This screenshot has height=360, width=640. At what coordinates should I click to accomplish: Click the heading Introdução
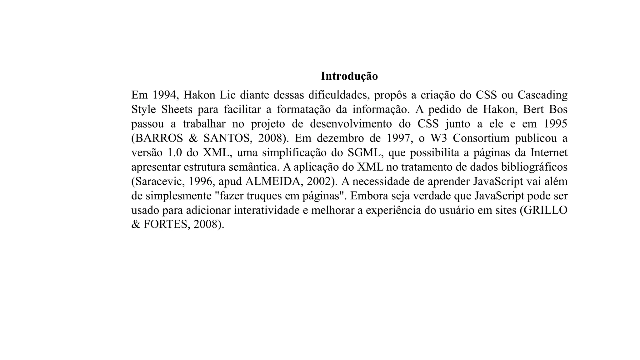349,76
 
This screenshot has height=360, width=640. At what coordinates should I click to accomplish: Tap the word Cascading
542,95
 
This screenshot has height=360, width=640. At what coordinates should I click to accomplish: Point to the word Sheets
177,109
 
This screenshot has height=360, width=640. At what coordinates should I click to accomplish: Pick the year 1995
555,124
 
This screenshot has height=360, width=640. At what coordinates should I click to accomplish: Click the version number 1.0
175,153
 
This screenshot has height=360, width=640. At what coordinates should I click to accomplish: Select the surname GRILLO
545,210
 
